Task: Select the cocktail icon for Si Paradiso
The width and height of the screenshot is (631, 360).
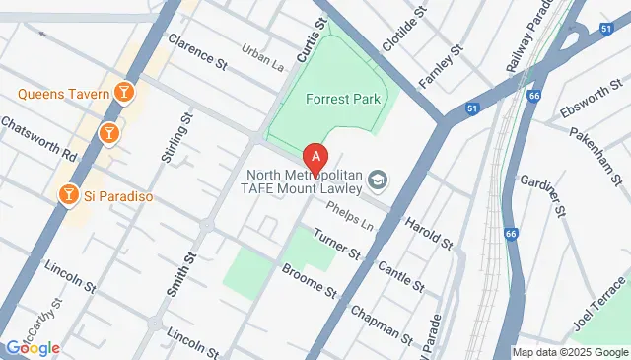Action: pos(68,194)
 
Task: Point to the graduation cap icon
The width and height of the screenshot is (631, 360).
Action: pos(377,180)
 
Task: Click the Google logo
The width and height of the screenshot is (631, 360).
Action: pos(32,347)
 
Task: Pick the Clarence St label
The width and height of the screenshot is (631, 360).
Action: pos(197,51)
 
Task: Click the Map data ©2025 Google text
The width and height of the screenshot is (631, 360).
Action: pos(570,352)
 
